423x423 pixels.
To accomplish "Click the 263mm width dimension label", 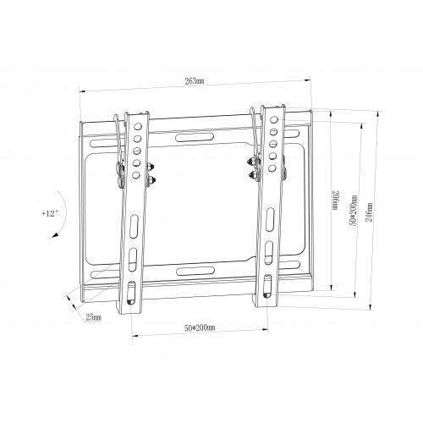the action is coord(195,81).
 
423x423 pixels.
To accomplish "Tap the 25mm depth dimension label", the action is coord(94,317).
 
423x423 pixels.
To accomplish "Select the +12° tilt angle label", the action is coord(50,213).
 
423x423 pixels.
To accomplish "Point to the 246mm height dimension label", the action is coord(369,211).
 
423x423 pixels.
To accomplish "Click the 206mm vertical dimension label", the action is coord(335,201).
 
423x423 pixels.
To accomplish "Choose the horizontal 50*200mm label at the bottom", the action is coord(200,328).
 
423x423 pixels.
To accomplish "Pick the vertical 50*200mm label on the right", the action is coord(353,211).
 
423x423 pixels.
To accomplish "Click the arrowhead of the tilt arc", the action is coord(55,234).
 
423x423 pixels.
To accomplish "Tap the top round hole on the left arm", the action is coord(138,126).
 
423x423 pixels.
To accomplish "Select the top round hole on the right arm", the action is coord(273,119).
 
